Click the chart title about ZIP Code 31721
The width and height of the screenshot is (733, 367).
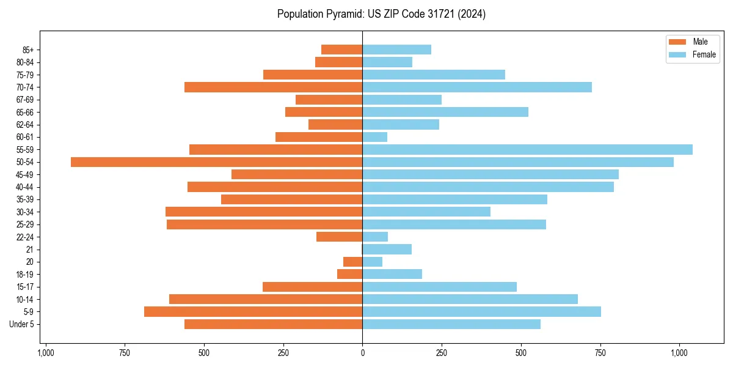[x=381, y=14]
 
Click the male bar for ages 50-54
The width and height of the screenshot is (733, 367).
[x=216, y=162]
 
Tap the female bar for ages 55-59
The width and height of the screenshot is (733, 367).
[x=527, y=150]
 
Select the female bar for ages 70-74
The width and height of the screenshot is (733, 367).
[x=477, y=87]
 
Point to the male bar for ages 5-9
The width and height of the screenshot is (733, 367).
[x=253, y=312]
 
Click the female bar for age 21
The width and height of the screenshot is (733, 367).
[x=387, y=250]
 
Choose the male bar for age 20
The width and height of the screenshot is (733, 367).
[x=353, y=262]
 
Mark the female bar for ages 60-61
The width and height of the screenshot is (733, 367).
[x=375, y=137]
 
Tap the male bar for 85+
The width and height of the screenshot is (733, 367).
[x=342, y=50]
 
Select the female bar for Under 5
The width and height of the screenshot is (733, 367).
[x=451, y=324]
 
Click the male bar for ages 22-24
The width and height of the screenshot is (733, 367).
[x=340, y=237]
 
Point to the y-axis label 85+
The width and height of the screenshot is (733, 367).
[x=28, y=50]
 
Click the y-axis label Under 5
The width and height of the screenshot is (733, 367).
[x=21, y=324]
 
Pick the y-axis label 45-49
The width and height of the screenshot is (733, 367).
[x=25, y=175]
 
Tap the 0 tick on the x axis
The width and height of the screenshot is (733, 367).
[x=362, y=353]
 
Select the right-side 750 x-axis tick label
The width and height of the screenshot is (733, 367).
[x=600, y=353]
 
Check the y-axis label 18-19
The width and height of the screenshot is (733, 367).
[x=25, y=275]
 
